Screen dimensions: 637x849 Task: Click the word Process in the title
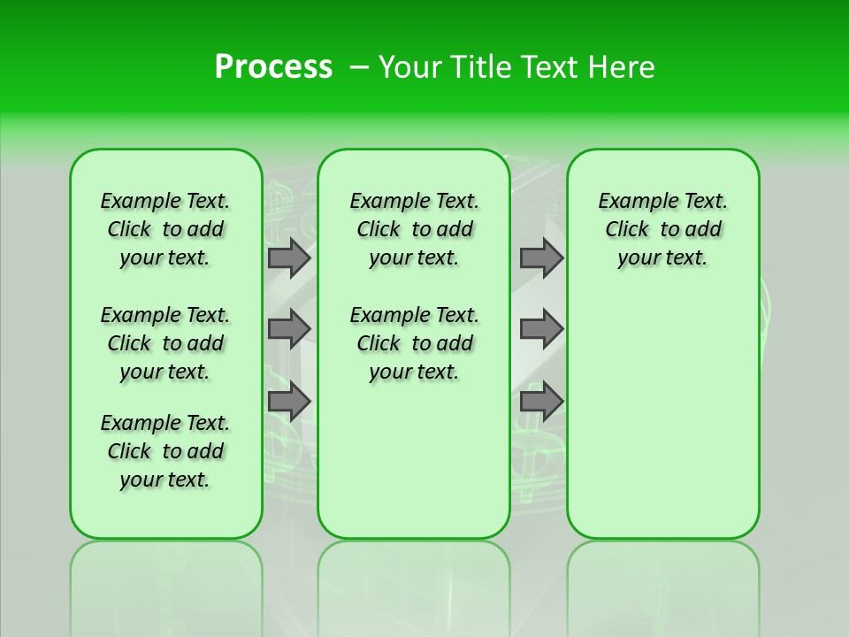pyautogui.click(x=273, y=67)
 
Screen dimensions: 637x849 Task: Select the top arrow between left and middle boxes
pyautogui.click(x=288, y=257)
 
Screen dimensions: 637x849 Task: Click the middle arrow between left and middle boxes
pyautogui.click(x=288, y=329)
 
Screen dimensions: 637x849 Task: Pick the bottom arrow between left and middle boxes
pyautogui.click(x=288, y=402)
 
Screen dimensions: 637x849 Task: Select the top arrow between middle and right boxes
pyautogui.click(x=541, y=257)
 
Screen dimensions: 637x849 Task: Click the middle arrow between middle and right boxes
pyautogui.click(x=541, y=329)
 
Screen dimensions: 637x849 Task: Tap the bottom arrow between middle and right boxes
pyautogui.click(x=541, y=402)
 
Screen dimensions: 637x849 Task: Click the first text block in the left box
pyautogui.click(x=165, y=229)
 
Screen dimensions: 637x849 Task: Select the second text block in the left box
pyautogui.click(x=165, y=343)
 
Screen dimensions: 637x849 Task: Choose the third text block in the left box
pyautogui.click(x=165, y=451)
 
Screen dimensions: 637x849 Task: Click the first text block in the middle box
pyautogui.click(x=414, y=229)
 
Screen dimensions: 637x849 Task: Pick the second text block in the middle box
pyautogui.click(x=414, y=343)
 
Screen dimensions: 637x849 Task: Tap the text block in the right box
pyautogui.click(x=662, y=229)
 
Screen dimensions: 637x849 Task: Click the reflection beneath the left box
pyautogui.click(x=165, y=584)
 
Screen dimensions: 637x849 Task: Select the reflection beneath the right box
pyautogui.click(x=662, y=584)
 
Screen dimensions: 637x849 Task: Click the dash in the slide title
pyautogui.click(x=359, y=67)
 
